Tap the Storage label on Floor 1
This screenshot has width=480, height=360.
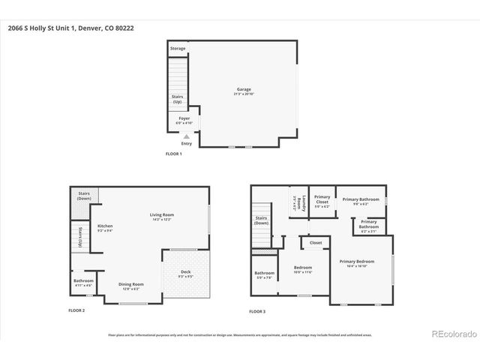pyautogui.click(x=177, y=49)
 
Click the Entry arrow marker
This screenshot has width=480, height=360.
pyautogui.click(x=186, y=136)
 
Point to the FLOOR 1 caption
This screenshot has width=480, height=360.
pyautogui.click(x=174, y=153)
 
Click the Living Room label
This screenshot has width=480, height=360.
pyautogui.click(x=161, y=217)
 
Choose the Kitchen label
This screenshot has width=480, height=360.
pyautogui.click(x=105, y=227)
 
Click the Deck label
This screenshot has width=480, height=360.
pyautogui.click(x=186, y=273)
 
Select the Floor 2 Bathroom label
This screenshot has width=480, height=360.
pyautogui.click(x=83, y=283)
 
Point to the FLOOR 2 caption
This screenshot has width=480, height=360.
pyautogui.click(x=76, y=310)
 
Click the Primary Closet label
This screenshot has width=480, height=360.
pyautogui.click(x=322, y=201)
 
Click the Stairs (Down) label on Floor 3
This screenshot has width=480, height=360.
pyautogui.click(x=261, y=221)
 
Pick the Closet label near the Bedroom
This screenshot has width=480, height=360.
pyautogui.click(x=316, y=243)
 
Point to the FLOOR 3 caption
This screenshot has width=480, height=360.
pyautogui.click(x=258, y=310)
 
